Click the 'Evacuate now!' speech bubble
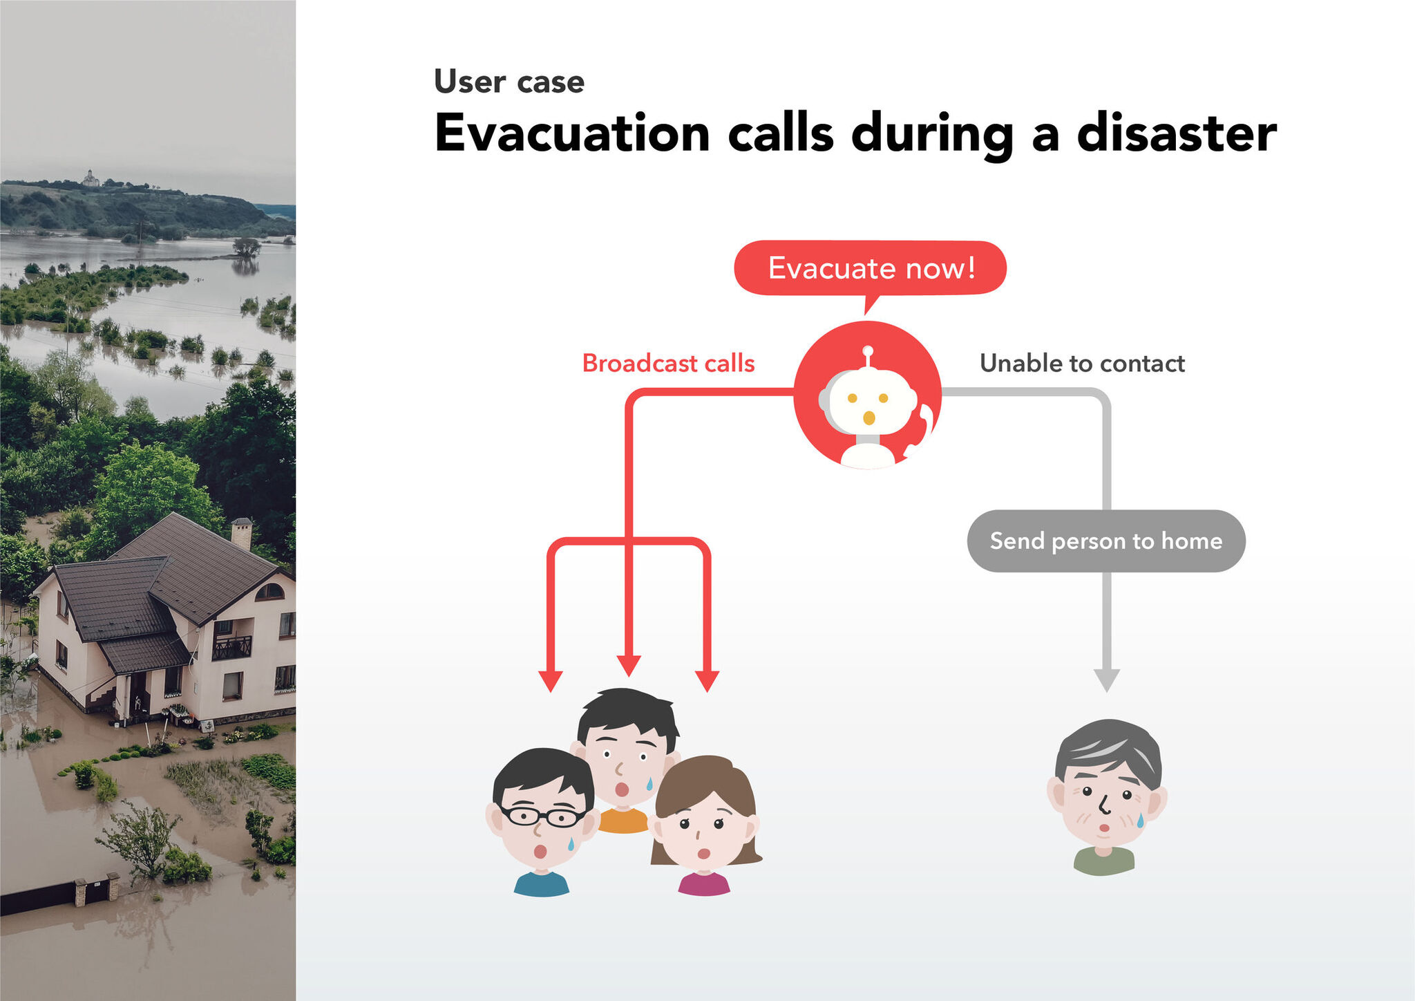tap(870, 268)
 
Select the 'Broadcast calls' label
tap(668, 363)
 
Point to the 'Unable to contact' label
tap(1082, 363)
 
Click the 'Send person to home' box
tap(1106, 541)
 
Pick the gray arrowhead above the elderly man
tap(1107, 680)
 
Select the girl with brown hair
tap(705, 825)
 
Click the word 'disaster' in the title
tap(1177, 133)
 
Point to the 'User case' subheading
tap(509, 82)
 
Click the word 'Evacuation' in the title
tap(572, 133)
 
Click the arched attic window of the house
tap(269, 592)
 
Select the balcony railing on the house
tap(231, 648)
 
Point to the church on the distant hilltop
tap(91, 178)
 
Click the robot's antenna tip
tap(868, 350)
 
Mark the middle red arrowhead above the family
tap(629, 666)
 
